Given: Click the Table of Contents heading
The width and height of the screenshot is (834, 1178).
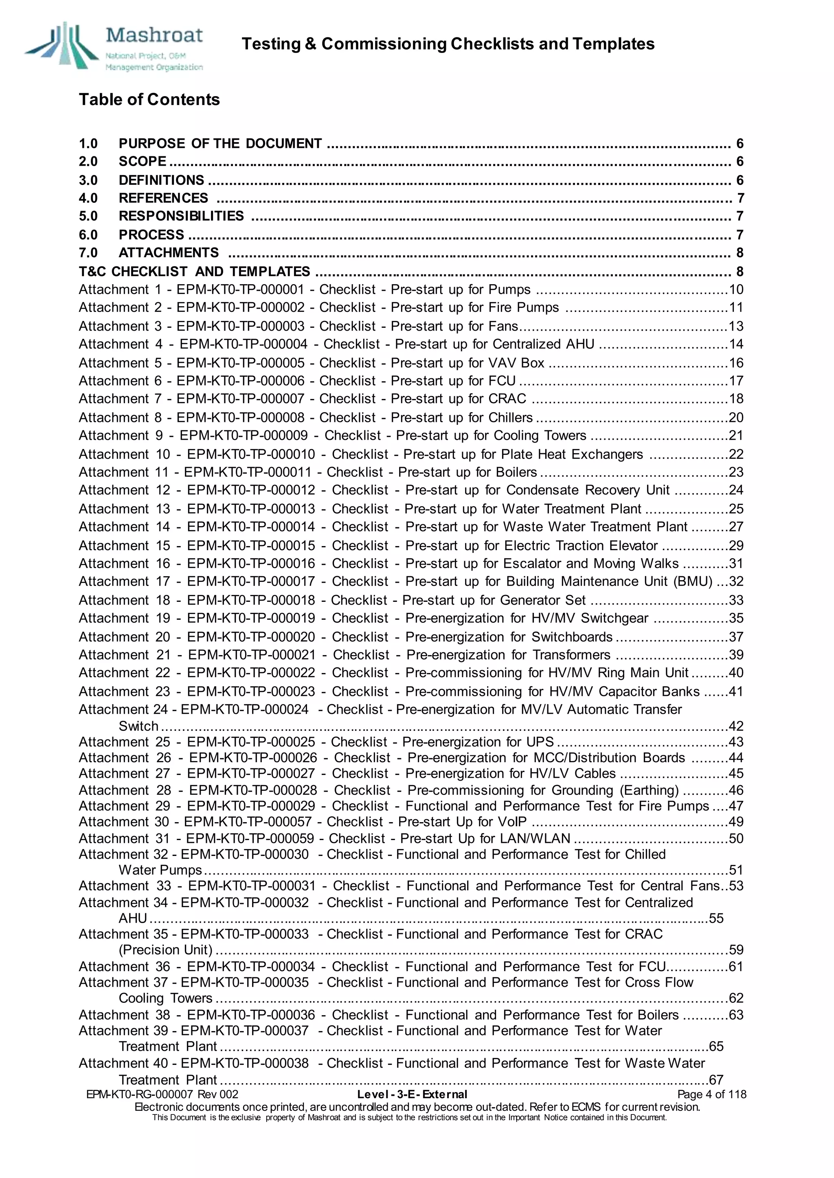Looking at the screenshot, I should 149,99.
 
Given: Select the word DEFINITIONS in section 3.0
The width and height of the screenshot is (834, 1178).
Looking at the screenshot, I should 161,180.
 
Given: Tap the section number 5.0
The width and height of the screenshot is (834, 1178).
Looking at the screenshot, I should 88,216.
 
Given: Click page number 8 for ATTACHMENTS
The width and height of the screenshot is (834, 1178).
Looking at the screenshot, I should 740,252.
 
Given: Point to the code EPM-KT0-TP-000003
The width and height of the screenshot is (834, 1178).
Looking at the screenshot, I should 240,326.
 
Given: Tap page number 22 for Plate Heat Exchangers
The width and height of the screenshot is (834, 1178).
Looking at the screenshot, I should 736,454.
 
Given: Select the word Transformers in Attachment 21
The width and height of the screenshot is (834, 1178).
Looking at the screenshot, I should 571,655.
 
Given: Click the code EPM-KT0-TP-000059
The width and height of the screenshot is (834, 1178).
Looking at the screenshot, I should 250,838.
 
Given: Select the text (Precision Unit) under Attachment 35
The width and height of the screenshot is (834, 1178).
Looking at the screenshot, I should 165,950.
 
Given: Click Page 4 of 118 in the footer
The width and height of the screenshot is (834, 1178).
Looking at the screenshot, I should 711,1094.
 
